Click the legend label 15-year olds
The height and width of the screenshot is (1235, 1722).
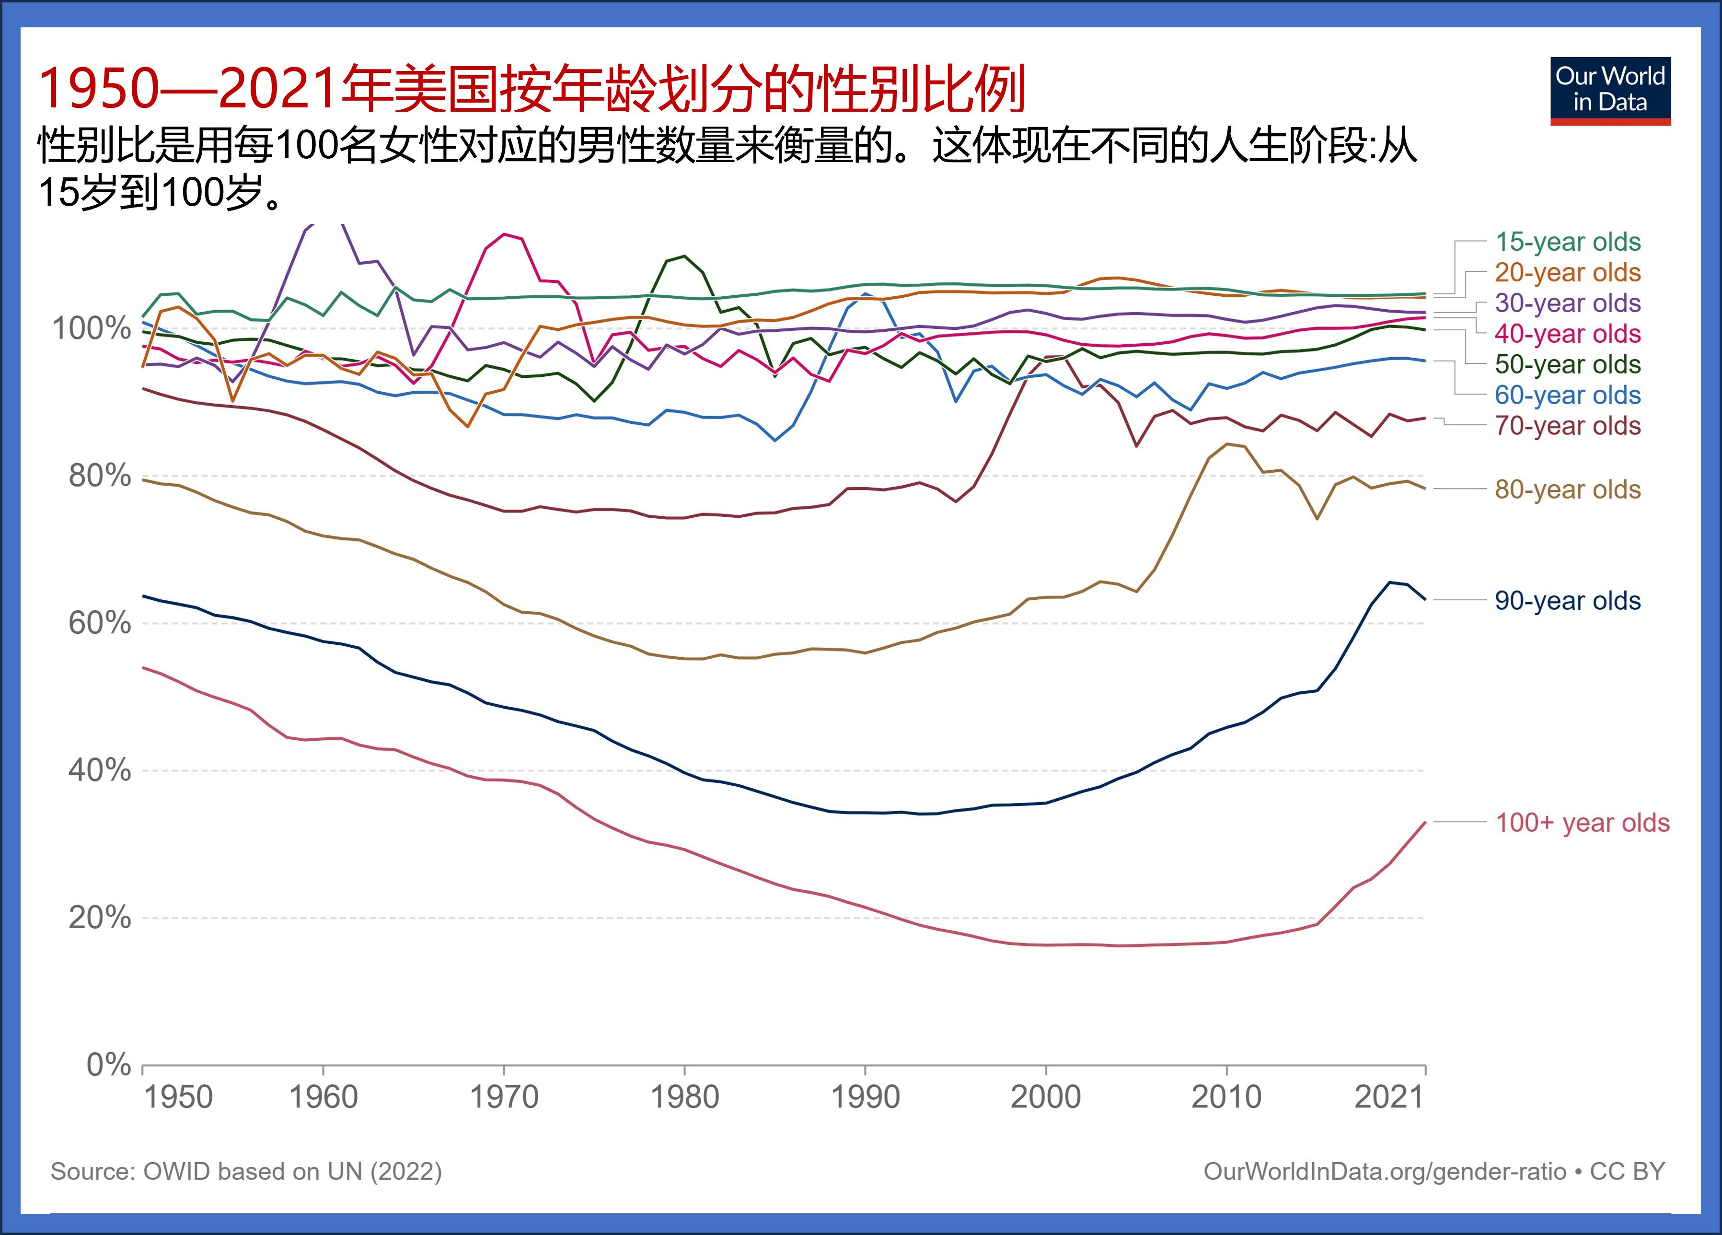click(1567, 242)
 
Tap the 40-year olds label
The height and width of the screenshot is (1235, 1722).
click(1567, 333)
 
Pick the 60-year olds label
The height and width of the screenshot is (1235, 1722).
click(1567, 395)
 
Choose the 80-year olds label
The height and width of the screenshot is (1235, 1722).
click(1567, 489)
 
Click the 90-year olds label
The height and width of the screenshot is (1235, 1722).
click(1567, 601)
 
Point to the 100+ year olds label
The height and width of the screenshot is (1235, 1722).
click(1582, 823)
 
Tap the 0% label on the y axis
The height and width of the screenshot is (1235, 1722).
click(109, 1065)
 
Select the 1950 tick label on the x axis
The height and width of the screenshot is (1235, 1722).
click(178, 1097)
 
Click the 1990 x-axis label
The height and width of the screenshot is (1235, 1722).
click(865, 1097)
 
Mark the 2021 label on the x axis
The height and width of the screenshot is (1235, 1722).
click(1389, 1097)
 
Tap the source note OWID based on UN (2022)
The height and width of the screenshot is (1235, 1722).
click(246, 1171)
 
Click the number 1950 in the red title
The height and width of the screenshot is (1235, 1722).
click(99, 89)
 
